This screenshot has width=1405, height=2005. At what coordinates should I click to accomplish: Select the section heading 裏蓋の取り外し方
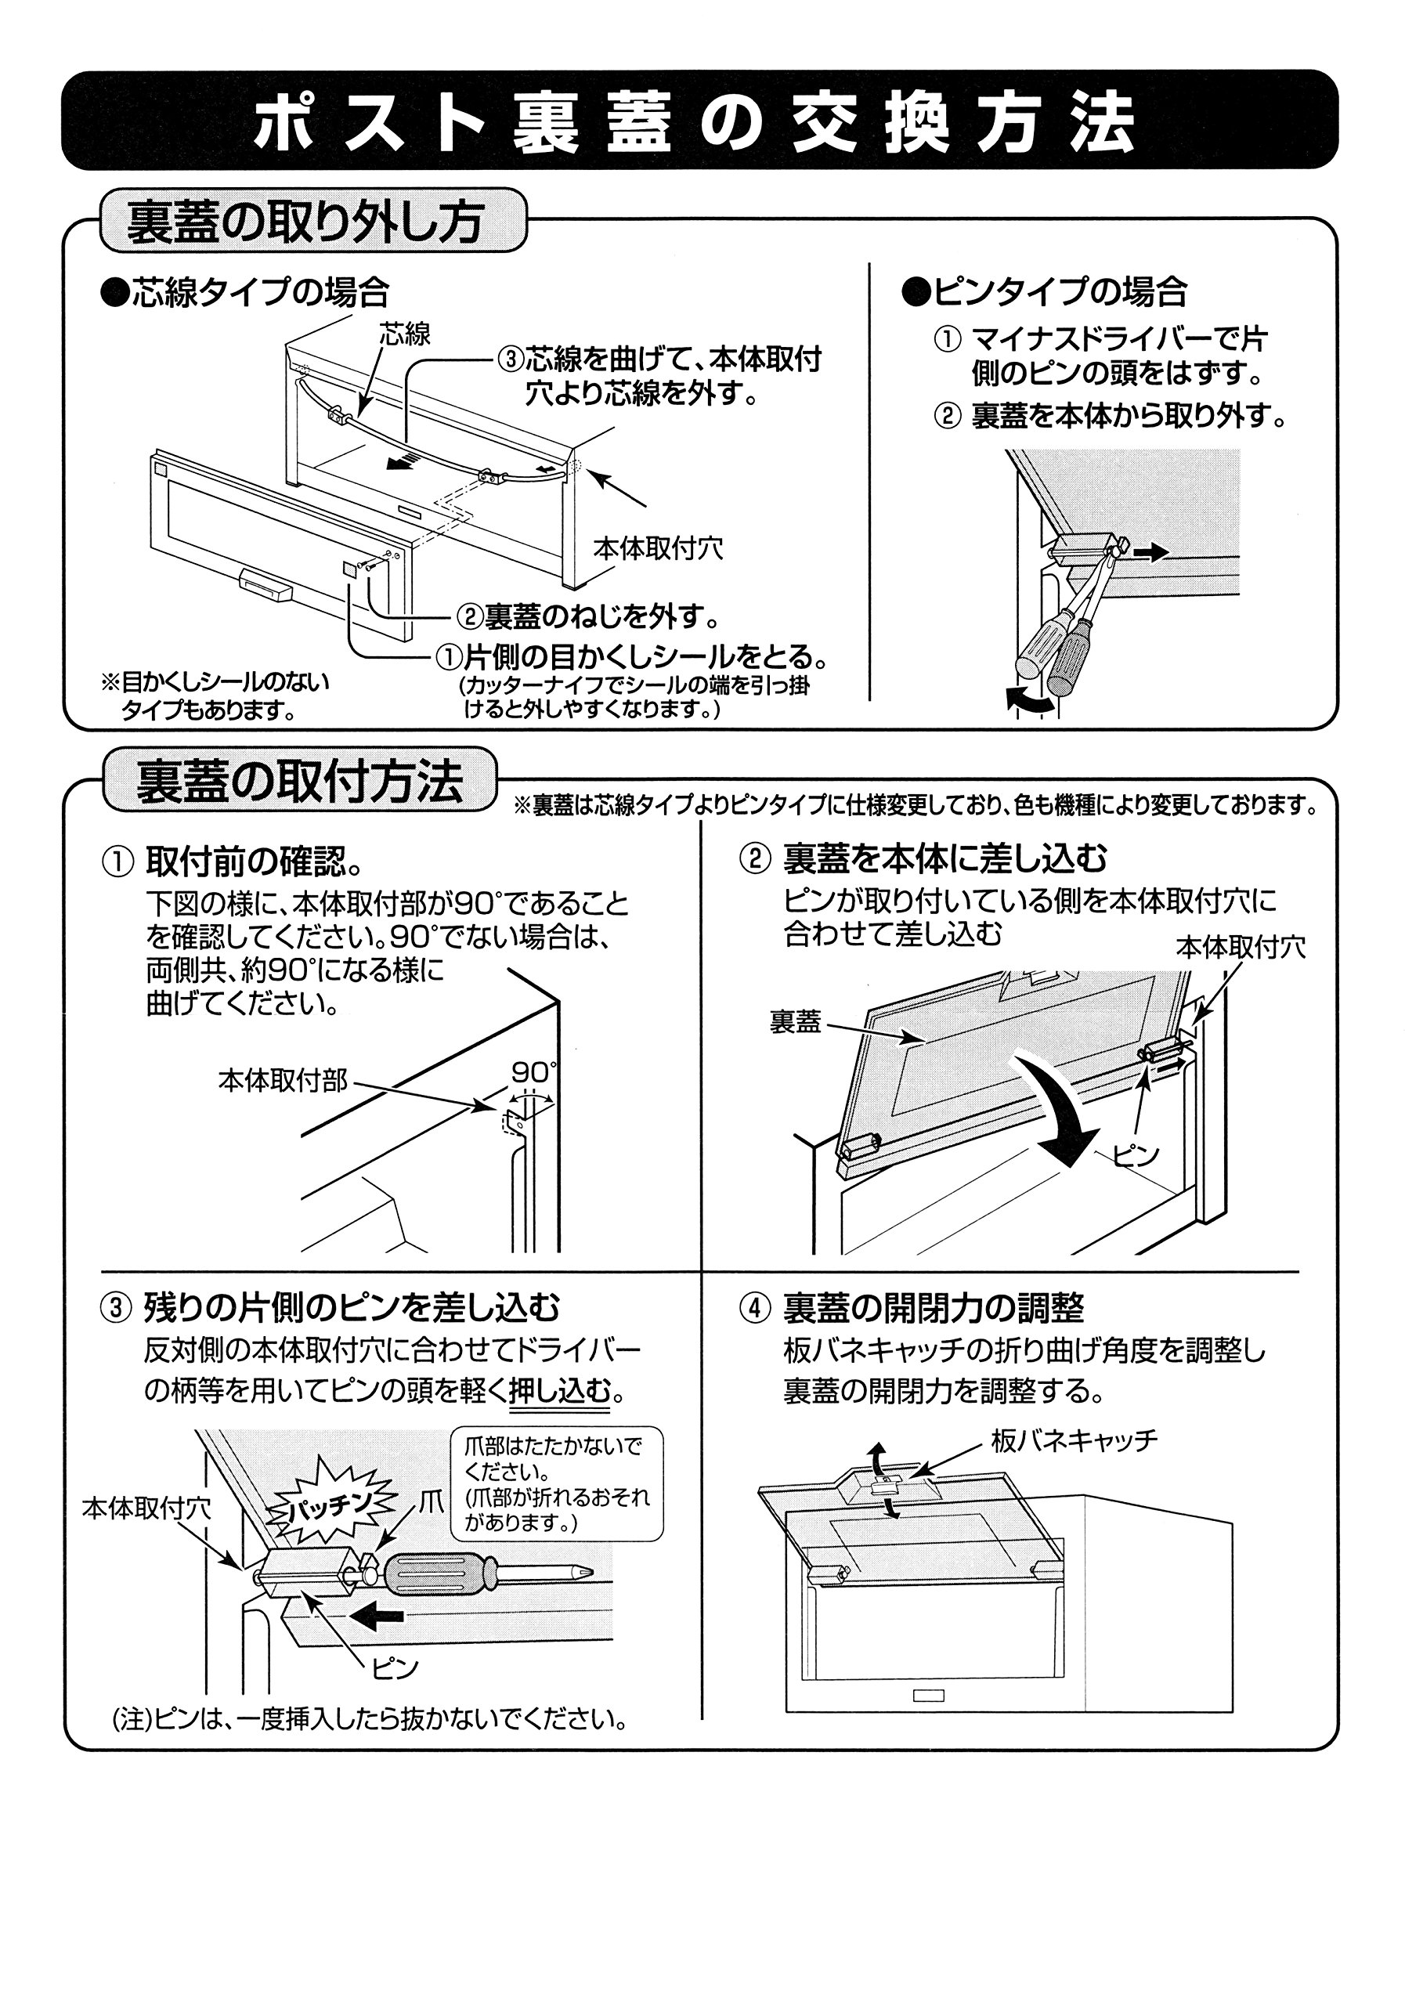click(x=305, y=221)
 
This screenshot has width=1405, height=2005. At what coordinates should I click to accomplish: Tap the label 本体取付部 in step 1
click(x=282, y=1082)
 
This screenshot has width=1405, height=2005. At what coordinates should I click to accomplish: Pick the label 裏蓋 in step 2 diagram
click(x=795, y=1022)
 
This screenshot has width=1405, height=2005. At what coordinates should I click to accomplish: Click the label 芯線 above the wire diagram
click(x=404, y=334)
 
